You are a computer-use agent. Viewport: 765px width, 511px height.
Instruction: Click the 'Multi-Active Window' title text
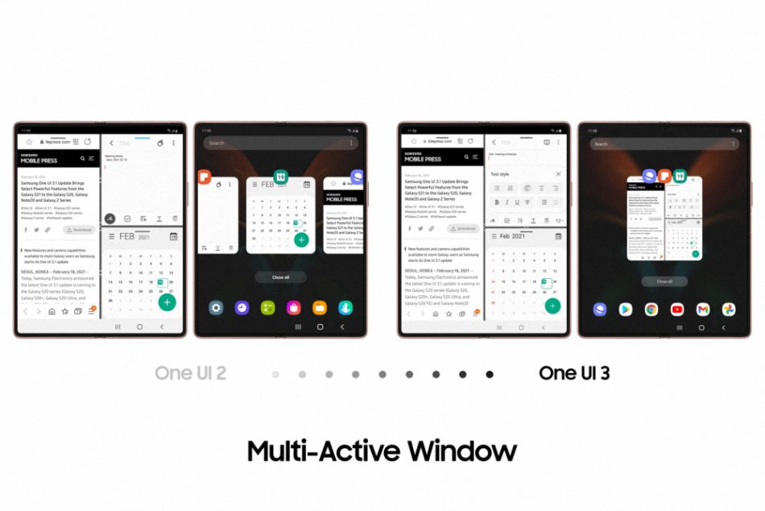[381, 450]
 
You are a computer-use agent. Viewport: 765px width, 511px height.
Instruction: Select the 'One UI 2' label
[191, 373]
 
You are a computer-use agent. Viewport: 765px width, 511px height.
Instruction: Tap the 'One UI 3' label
[573, 373]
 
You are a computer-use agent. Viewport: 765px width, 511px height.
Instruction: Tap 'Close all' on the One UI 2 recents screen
[280, 276]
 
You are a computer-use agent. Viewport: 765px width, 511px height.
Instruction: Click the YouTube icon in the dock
[677, 310]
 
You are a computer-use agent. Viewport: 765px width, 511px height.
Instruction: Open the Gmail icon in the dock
[703, 310]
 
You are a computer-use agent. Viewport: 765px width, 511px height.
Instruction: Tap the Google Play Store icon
[626, 310]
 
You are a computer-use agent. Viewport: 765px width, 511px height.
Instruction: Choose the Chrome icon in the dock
[651, 310]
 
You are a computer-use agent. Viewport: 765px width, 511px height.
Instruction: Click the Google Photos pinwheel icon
[729, 310]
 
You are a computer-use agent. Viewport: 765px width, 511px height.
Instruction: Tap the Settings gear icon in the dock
[216, 308]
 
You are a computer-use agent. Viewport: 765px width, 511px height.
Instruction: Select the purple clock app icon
[242, 308]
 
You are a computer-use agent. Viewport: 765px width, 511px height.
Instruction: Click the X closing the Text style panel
[558, 174]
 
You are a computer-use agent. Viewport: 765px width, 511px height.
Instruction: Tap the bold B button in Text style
[497, 202]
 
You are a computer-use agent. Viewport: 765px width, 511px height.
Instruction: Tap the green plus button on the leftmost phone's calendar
[167, 302]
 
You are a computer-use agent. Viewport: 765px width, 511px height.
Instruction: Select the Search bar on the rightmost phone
[664, 144]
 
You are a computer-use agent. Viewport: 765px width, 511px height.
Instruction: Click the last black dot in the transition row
[490, 374]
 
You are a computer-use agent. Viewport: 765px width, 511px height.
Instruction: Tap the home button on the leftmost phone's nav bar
[139, 327]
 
